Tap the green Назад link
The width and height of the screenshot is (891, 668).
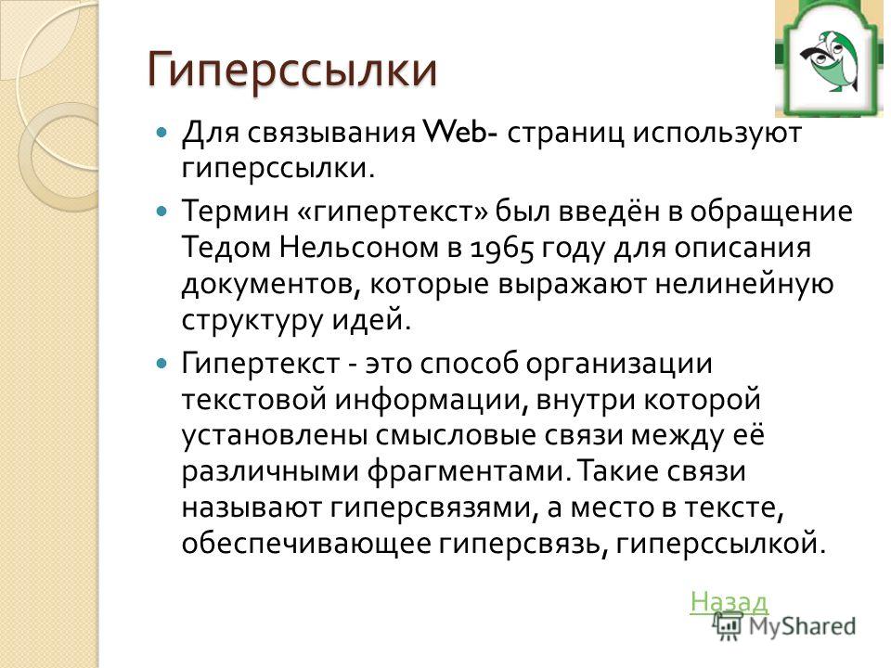(730, 601)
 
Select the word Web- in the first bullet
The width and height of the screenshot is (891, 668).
(461, 133)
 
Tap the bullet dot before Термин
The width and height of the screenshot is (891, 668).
(162, 212)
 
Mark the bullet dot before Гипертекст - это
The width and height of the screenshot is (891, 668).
(162, 364)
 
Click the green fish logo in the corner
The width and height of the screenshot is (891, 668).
(830, 58)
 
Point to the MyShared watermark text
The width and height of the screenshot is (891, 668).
(802, 626)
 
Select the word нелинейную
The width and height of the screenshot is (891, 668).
(744, 284)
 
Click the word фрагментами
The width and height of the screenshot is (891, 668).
(468, 472)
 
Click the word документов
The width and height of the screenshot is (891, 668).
(270, 285)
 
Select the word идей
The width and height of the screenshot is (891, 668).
(370, 320)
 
